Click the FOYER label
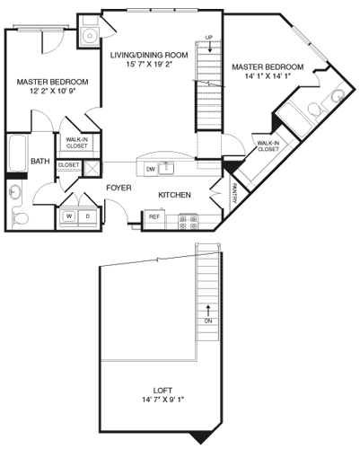coord(121,188)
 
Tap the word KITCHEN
coord(175,195)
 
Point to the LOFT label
coord(164,391)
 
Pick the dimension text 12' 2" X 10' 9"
coord(44,92)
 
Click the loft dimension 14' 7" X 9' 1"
coord(164,401)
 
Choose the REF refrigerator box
coord(154,216)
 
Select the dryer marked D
coord(87,216)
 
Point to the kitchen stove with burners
coord(188,217)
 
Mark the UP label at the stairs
coord(209,37)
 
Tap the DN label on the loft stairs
coord(208,321)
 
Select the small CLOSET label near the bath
coord(68,164)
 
